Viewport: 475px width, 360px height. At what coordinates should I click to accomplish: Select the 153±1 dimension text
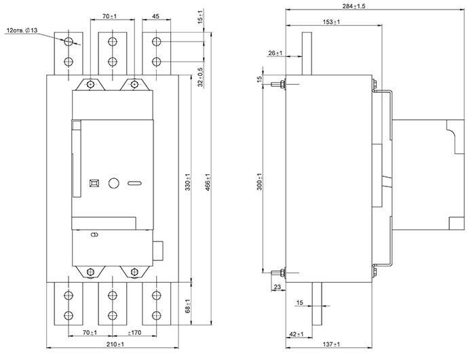click(331, 22)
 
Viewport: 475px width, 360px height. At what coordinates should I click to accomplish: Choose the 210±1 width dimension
click(113, 346)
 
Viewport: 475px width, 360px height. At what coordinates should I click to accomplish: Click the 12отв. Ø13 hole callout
click(22, 31)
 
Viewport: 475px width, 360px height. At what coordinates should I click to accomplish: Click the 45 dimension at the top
click(156, 15)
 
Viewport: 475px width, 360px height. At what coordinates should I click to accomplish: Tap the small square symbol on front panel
click(94, 183)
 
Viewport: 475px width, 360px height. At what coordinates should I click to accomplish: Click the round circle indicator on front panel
click(114, 183)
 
